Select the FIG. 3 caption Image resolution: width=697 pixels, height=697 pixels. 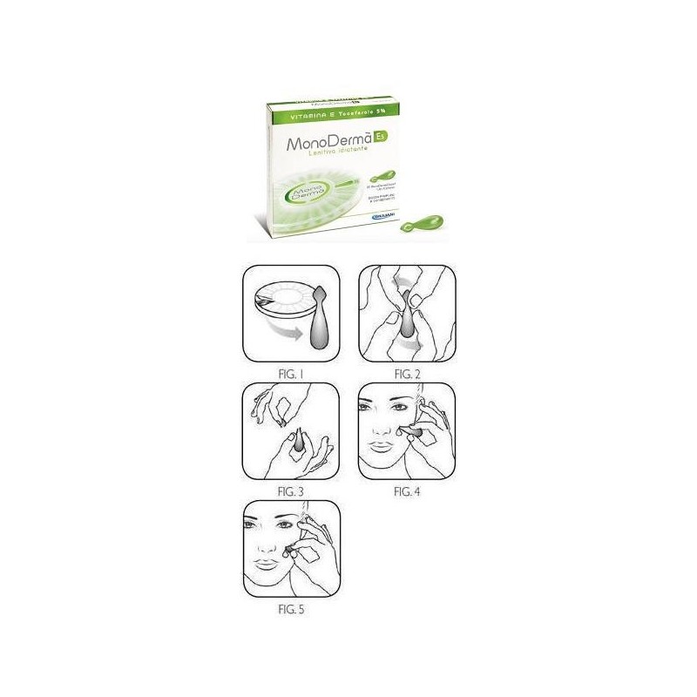[x=288, y=491]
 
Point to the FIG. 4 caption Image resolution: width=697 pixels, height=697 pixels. [x=407, y=491]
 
